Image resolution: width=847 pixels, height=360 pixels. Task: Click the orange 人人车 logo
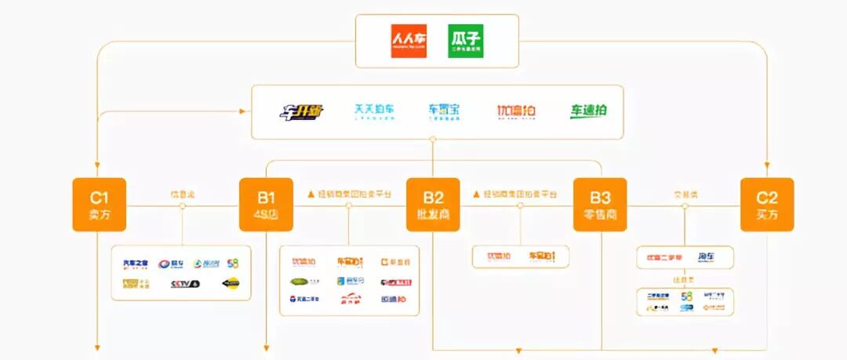click(x=409, y=40)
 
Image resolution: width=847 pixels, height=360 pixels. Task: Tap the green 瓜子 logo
click(x=465, y=40)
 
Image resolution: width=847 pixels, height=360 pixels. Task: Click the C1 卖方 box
click(x=100, y=205)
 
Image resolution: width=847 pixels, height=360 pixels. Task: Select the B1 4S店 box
click(x=266, y=205)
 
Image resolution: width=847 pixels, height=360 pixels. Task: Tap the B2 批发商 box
click(x=433, y=205)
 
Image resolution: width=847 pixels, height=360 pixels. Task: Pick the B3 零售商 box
click(x=600, y=205)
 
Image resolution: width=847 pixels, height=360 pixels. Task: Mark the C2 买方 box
click(x=767, y=205)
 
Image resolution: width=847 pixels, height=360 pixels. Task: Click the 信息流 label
click(x=181, y=194)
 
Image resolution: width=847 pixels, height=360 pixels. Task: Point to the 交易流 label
click(x=685, y=194)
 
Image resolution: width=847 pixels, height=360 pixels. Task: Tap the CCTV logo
click(x=185, y=284)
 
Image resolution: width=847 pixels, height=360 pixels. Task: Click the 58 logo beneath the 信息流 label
click(x=233, y=264)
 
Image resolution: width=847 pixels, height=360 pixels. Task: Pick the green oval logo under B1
click(x=303, y=282)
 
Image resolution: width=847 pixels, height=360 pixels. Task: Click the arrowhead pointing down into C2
click(x=767, y=166)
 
